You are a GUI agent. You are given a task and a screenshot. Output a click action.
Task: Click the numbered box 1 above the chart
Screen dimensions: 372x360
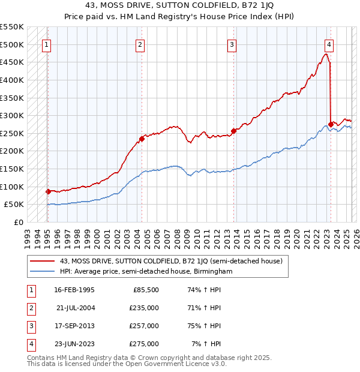47,44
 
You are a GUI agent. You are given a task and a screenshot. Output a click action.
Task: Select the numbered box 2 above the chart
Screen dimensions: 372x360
140,44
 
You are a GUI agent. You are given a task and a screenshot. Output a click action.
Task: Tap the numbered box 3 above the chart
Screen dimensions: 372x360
232,44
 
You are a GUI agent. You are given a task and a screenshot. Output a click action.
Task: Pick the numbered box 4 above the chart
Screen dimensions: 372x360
329,44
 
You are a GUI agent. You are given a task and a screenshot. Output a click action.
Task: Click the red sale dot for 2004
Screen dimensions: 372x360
142,139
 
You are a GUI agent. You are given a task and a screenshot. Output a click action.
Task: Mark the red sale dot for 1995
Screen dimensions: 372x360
48,191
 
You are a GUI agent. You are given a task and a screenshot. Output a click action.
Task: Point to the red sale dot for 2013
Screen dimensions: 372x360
233,131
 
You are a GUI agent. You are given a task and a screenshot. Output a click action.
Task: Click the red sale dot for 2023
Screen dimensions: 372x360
331,124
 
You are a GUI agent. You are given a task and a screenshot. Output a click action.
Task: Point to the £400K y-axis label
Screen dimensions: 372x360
11,80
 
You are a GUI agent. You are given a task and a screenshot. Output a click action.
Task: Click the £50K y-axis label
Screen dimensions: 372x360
14,205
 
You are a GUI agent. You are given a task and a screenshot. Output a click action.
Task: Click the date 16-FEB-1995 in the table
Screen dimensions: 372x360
74,290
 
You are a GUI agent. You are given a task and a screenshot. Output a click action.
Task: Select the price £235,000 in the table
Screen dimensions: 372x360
145,308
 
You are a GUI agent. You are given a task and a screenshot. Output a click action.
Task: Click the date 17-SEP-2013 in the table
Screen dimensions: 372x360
74,326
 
